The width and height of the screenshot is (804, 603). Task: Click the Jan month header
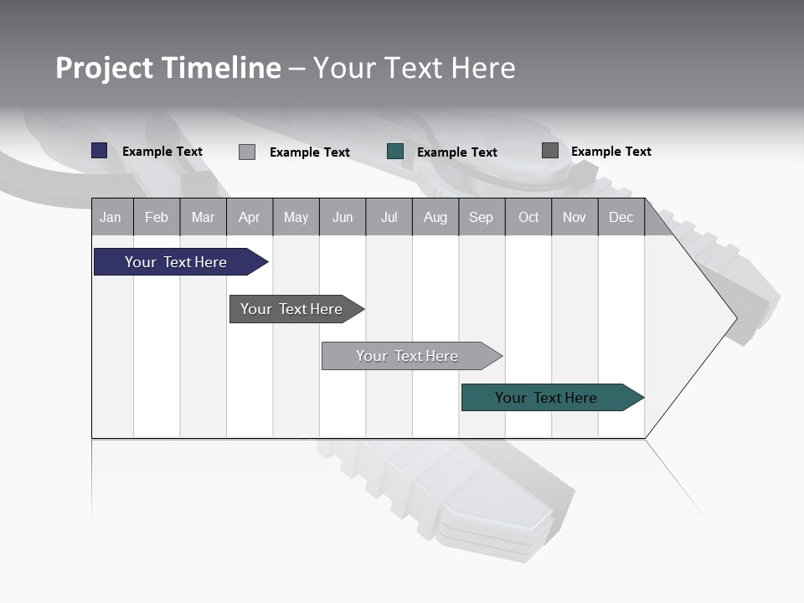111,217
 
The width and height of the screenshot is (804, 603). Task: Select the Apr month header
249,217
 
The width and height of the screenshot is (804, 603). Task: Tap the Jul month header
389,217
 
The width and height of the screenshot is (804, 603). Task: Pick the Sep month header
481,217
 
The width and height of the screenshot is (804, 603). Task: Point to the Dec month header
621,217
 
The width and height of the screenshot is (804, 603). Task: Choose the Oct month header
528,217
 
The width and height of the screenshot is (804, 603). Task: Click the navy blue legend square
100,151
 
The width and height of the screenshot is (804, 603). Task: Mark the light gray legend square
247,152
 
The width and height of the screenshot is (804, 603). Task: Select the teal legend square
395,152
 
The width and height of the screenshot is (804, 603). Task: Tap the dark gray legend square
550,151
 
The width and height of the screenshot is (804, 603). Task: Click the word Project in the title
106,68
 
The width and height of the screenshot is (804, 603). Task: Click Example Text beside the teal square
456,152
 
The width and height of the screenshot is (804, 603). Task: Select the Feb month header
157,217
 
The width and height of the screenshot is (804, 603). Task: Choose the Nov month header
575,217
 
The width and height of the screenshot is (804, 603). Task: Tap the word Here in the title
483,68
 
